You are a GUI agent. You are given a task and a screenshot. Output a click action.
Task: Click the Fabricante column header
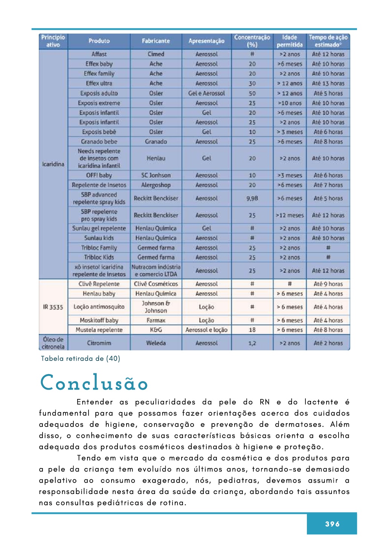pyautogui.click(x=156, y=41)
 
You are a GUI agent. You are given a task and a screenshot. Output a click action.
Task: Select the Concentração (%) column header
pyautogui.click(x=252, y=41)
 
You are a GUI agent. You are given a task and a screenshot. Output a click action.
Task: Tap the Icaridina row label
pyautogui.click(x=53, y=164)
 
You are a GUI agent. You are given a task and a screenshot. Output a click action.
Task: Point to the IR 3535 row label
pyautogui.click(x=53, y=307)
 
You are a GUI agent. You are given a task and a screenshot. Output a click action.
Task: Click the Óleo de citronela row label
pyautogui.click(x=53, y=343)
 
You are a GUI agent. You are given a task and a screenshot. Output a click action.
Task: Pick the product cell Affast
pyautogui.click(x=99, y=54)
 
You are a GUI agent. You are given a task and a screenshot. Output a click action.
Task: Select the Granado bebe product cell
pyautogui.click(x=99, y=142)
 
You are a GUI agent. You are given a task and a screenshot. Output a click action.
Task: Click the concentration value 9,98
pyautogui.click(x=252, y=198)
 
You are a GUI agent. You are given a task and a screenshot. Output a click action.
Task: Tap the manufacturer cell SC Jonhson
pyautogui.click(x=156, y=175)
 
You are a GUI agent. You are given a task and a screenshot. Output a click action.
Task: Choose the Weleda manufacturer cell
pyautogui.click(x=156, y=343)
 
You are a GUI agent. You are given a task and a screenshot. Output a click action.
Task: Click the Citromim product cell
pyautogui.click(x=99, y=343)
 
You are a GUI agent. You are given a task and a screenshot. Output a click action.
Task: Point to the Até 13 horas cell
pyautogui.click(x=328, y=83)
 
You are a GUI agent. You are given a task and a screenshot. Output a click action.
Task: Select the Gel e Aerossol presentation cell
pyautogui.click(x=206, y=93)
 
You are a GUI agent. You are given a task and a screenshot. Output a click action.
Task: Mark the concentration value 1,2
pyautogui.click(x=252, y=343)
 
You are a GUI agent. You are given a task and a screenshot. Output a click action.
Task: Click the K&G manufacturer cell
pyautogui.click(x=156, y=330)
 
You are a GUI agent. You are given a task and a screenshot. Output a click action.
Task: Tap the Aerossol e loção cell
pyautogui.click(x=206, y=330)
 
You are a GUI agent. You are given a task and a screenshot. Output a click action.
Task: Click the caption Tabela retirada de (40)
pyautogui.click(x=81, y=359)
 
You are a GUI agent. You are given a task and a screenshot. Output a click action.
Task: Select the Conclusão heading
pyautogui.click(x=94, y=383)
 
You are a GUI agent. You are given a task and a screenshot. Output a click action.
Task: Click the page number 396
pyautogui.click(x=332, y=524)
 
